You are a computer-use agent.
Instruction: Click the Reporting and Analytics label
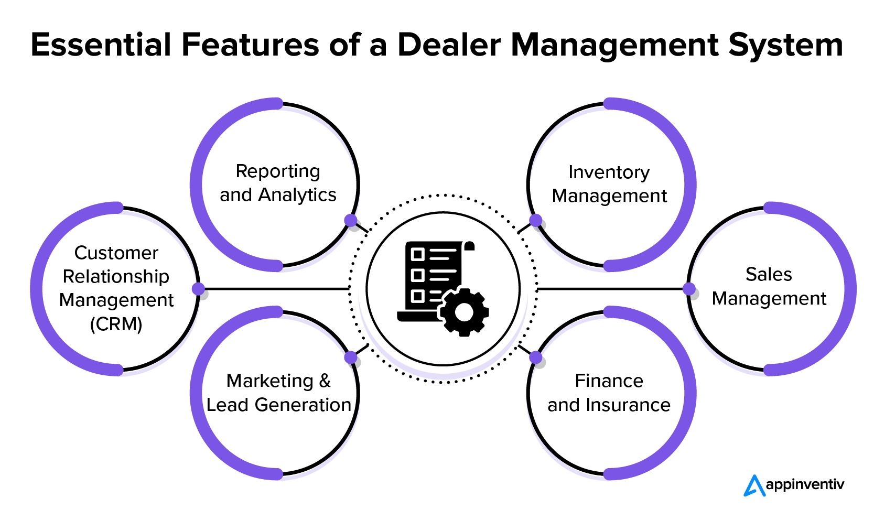278,183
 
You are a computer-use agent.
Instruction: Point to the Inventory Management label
609,184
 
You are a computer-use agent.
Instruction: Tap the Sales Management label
769,286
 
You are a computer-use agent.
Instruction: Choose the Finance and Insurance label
609,393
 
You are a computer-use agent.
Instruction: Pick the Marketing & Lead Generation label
278,393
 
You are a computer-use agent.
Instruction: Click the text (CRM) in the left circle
116,324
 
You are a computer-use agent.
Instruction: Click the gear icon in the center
464,312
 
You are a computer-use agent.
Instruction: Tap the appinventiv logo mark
754,485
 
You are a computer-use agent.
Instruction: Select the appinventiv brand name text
805,485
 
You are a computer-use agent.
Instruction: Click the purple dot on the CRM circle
198,289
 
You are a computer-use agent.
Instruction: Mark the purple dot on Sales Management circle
689,289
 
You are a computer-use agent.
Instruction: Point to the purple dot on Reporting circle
351,221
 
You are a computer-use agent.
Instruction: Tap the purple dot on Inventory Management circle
535,221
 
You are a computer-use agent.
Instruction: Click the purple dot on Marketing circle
351,357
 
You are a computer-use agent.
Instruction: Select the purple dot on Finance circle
535,357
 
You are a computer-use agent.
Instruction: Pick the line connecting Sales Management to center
611,289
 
